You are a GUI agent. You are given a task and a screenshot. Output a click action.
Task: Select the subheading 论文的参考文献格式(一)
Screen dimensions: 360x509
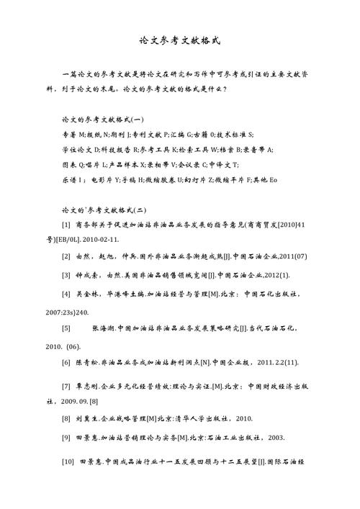point(103,119)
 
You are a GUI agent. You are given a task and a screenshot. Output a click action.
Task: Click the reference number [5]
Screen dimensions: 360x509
point(66,328)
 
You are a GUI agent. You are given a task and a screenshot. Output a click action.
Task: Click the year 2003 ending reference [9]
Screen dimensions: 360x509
point(274,437)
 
